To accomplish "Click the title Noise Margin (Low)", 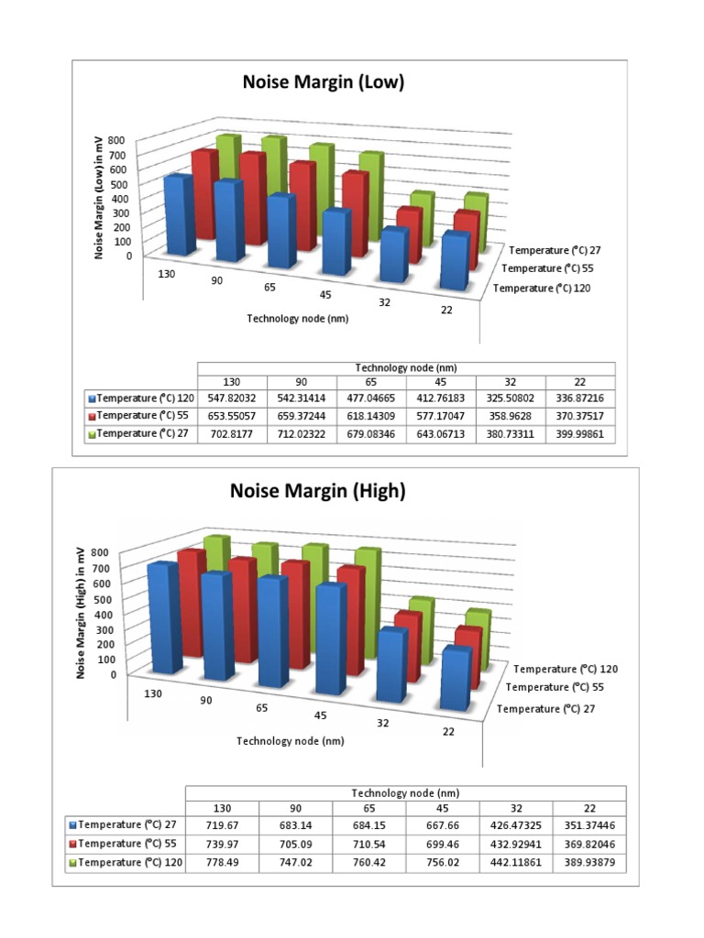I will pyautogui.click(x=323, y=83).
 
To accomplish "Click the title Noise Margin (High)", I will pyautogui.click(x=316, y=492).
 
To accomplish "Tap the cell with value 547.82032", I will pyautogui.click(x=232, y=399).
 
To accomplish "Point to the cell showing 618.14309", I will pyautogui.click(x=371, y=417).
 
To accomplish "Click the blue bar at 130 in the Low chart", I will pyautogui.click(x=178, y=216).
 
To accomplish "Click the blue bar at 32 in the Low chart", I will pyautogui.click(x=394, y=255).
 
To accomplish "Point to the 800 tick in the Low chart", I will pyautogui.click(x=115, y=139).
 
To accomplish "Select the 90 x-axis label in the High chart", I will pyautogui.click(x=207, y=701).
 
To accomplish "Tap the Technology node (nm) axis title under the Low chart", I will pyautogui.click(x=298, y=319).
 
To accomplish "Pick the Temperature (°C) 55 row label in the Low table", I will pyautogui.click(x=141, y=417).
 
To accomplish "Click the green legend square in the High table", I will pyautogui.click(x=72, y=863).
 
